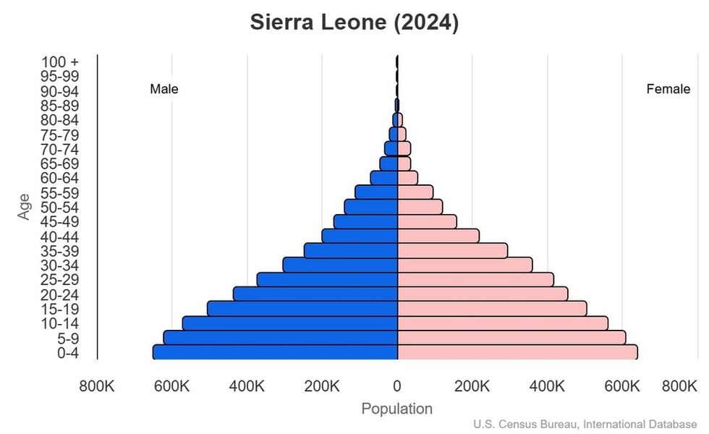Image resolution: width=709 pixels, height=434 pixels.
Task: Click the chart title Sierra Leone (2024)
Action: pyautogui.click(x=354, y=22)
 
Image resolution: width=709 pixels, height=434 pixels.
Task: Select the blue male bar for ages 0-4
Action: pyautogui.click(x=275, y=352)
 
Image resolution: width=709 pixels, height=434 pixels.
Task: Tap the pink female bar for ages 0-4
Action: pyautogui.click(x=517, y=352)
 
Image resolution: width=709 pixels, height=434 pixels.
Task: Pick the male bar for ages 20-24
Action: pyautogui.click(x=315, y=294)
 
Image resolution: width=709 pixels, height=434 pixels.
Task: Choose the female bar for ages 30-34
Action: pyautogui.click(x=464, y=265)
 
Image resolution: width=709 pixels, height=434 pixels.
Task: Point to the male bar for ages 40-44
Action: pyautogui.click(x=360, y=236)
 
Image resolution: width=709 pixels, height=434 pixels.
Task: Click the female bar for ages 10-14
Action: pyautogui.click(x=503, y=323)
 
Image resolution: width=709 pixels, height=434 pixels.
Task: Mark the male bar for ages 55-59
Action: pyautogui.click(x=376, y=192)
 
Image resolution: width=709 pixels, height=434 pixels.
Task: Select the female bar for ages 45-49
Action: pyautogui.click(x=427, y=221)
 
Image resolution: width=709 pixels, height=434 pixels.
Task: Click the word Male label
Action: pyautogui.click(x=164, y=90)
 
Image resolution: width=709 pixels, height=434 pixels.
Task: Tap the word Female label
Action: pyautogui.click(x=668, y=90)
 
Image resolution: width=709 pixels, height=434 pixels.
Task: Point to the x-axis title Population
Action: pyautogui.click(x=396, y=409)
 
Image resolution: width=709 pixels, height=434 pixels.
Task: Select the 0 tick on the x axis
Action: pyautogui.click(x=397, y=386)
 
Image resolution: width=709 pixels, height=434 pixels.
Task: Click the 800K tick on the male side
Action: pyautogui.click(x=97, y=386)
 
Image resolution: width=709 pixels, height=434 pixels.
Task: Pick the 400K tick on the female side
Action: pyautogui.click(x=548, y=386)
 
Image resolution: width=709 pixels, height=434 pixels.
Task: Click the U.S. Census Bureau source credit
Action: pyautogui.click(x=585, y=424)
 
